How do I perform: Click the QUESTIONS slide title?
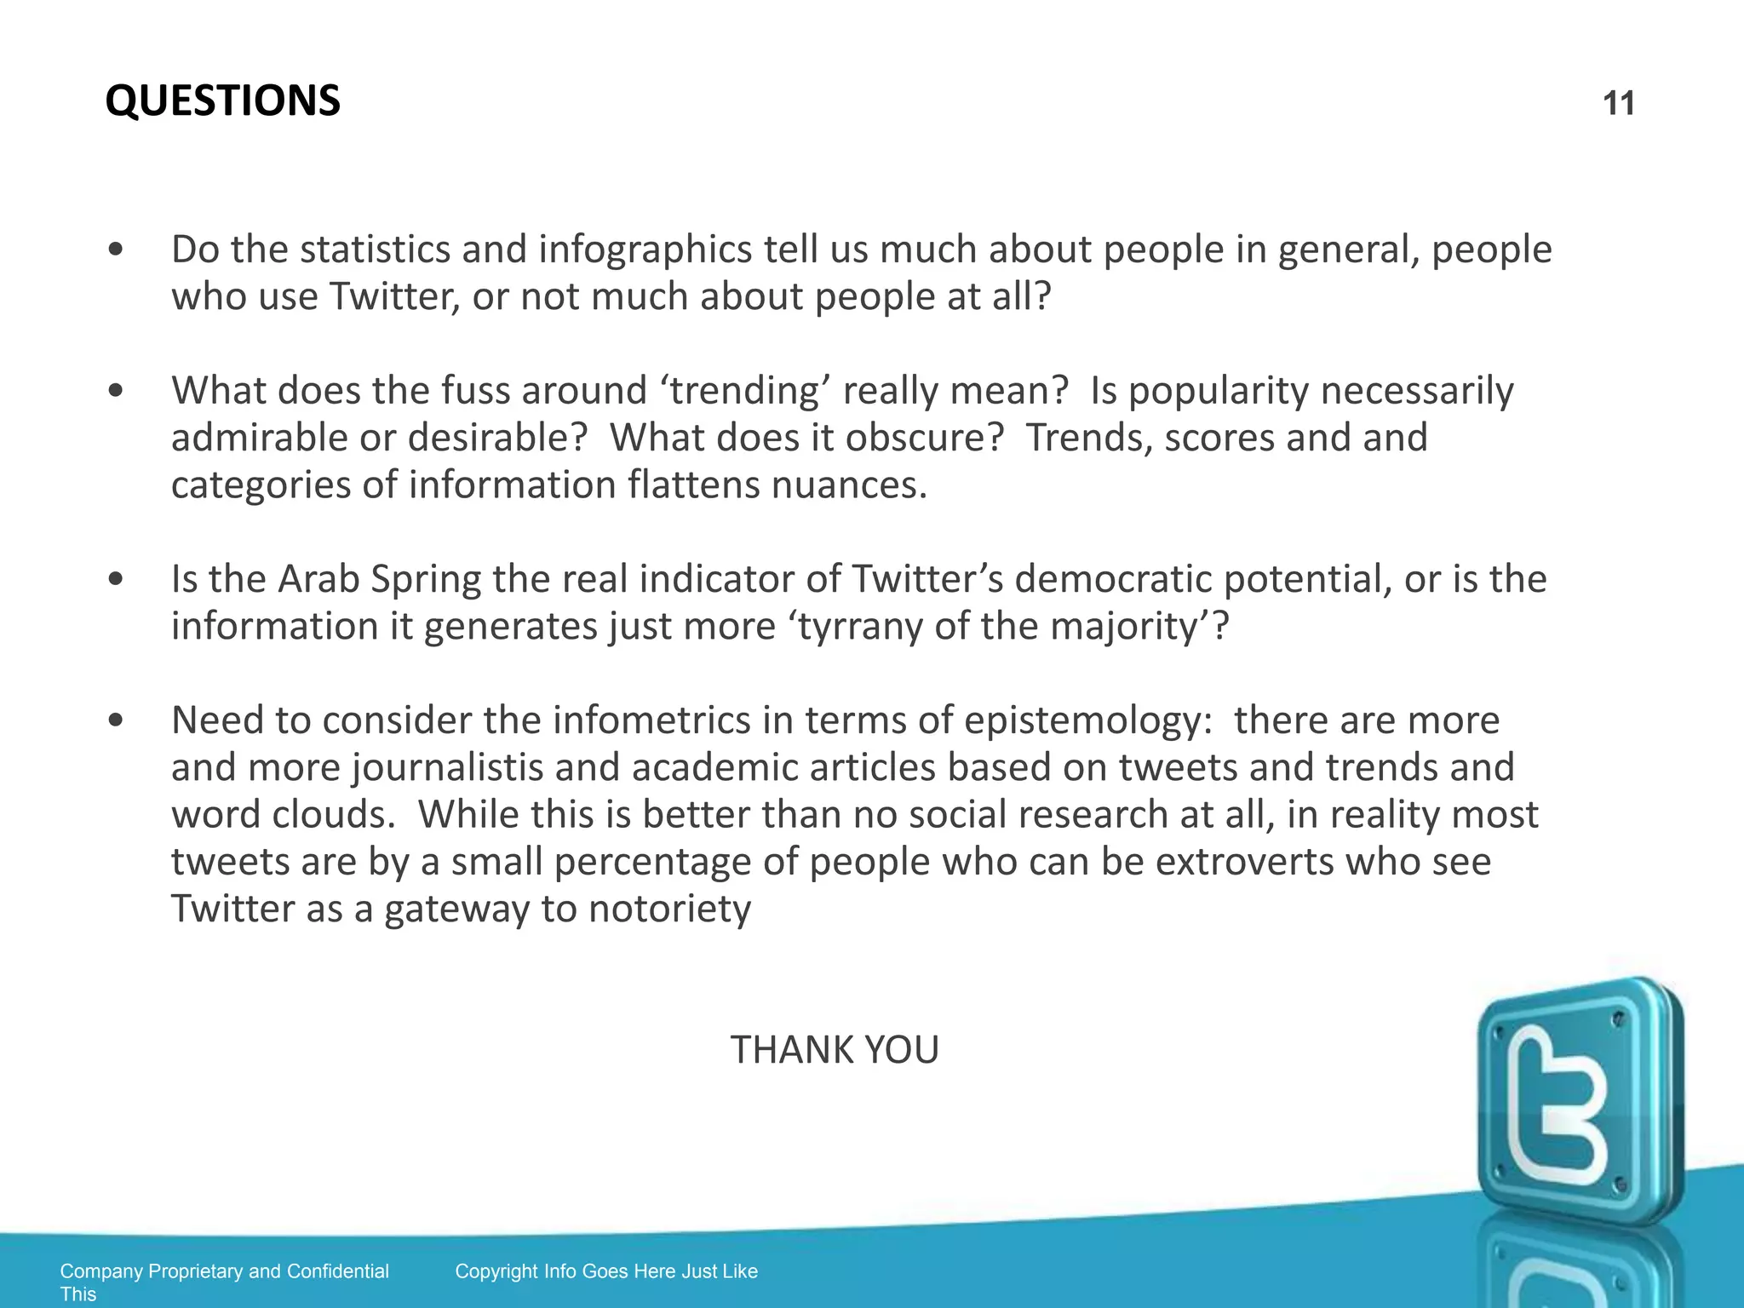point(222,100)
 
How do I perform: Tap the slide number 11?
point(1618,104)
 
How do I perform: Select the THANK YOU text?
point(834,1049)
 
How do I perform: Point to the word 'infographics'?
point(645,250)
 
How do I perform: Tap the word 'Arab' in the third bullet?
point(318,579)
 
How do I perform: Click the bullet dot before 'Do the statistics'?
point(117,250)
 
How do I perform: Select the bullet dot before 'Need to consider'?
point(117,720)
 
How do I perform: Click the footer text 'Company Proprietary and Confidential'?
point(224,1271)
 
